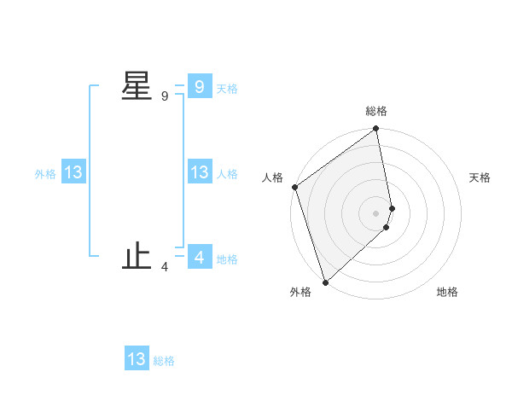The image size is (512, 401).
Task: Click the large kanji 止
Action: [x=137, y=257]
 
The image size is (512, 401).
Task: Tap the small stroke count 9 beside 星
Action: [x=165, y=96]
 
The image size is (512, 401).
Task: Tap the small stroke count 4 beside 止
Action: [x=165, y=268]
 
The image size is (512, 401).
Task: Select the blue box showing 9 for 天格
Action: [x=199, y=86]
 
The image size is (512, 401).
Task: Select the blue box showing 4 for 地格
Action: [x=199, y=257]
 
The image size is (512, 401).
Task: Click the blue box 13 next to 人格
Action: [x=199, y=172]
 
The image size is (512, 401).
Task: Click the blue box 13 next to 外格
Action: [x=73, y=172]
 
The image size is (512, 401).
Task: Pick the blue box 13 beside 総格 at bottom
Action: [x=137, y=359]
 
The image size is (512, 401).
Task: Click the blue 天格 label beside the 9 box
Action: [x=227, y=89]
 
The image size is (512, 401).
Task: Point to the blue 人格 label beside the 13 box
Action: [x=227, y=174]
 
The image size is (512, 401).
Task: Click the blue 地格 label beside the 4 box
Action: [x=227, y=259]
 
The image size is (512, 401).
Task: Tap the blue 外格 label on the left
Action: [x=45, y=174]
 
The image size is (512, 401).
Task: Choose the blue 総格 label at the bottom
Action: [x=164, y=361]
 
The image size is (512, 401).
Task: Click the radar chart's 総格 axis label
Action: [x=376, y=111]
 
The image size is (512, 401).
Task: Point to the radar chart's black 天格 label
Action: [x=480, y=177]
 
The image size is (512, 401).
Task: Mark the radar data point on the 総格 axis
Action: [x=376, y=130]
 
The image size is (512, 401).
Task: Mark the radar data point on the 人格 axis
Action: [x=294, y=187]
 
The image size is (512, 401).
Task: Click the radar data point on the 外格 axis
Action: [x=325, y=282]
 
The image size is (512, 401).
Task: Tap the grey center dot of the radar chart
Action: [x=376, y=213]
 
